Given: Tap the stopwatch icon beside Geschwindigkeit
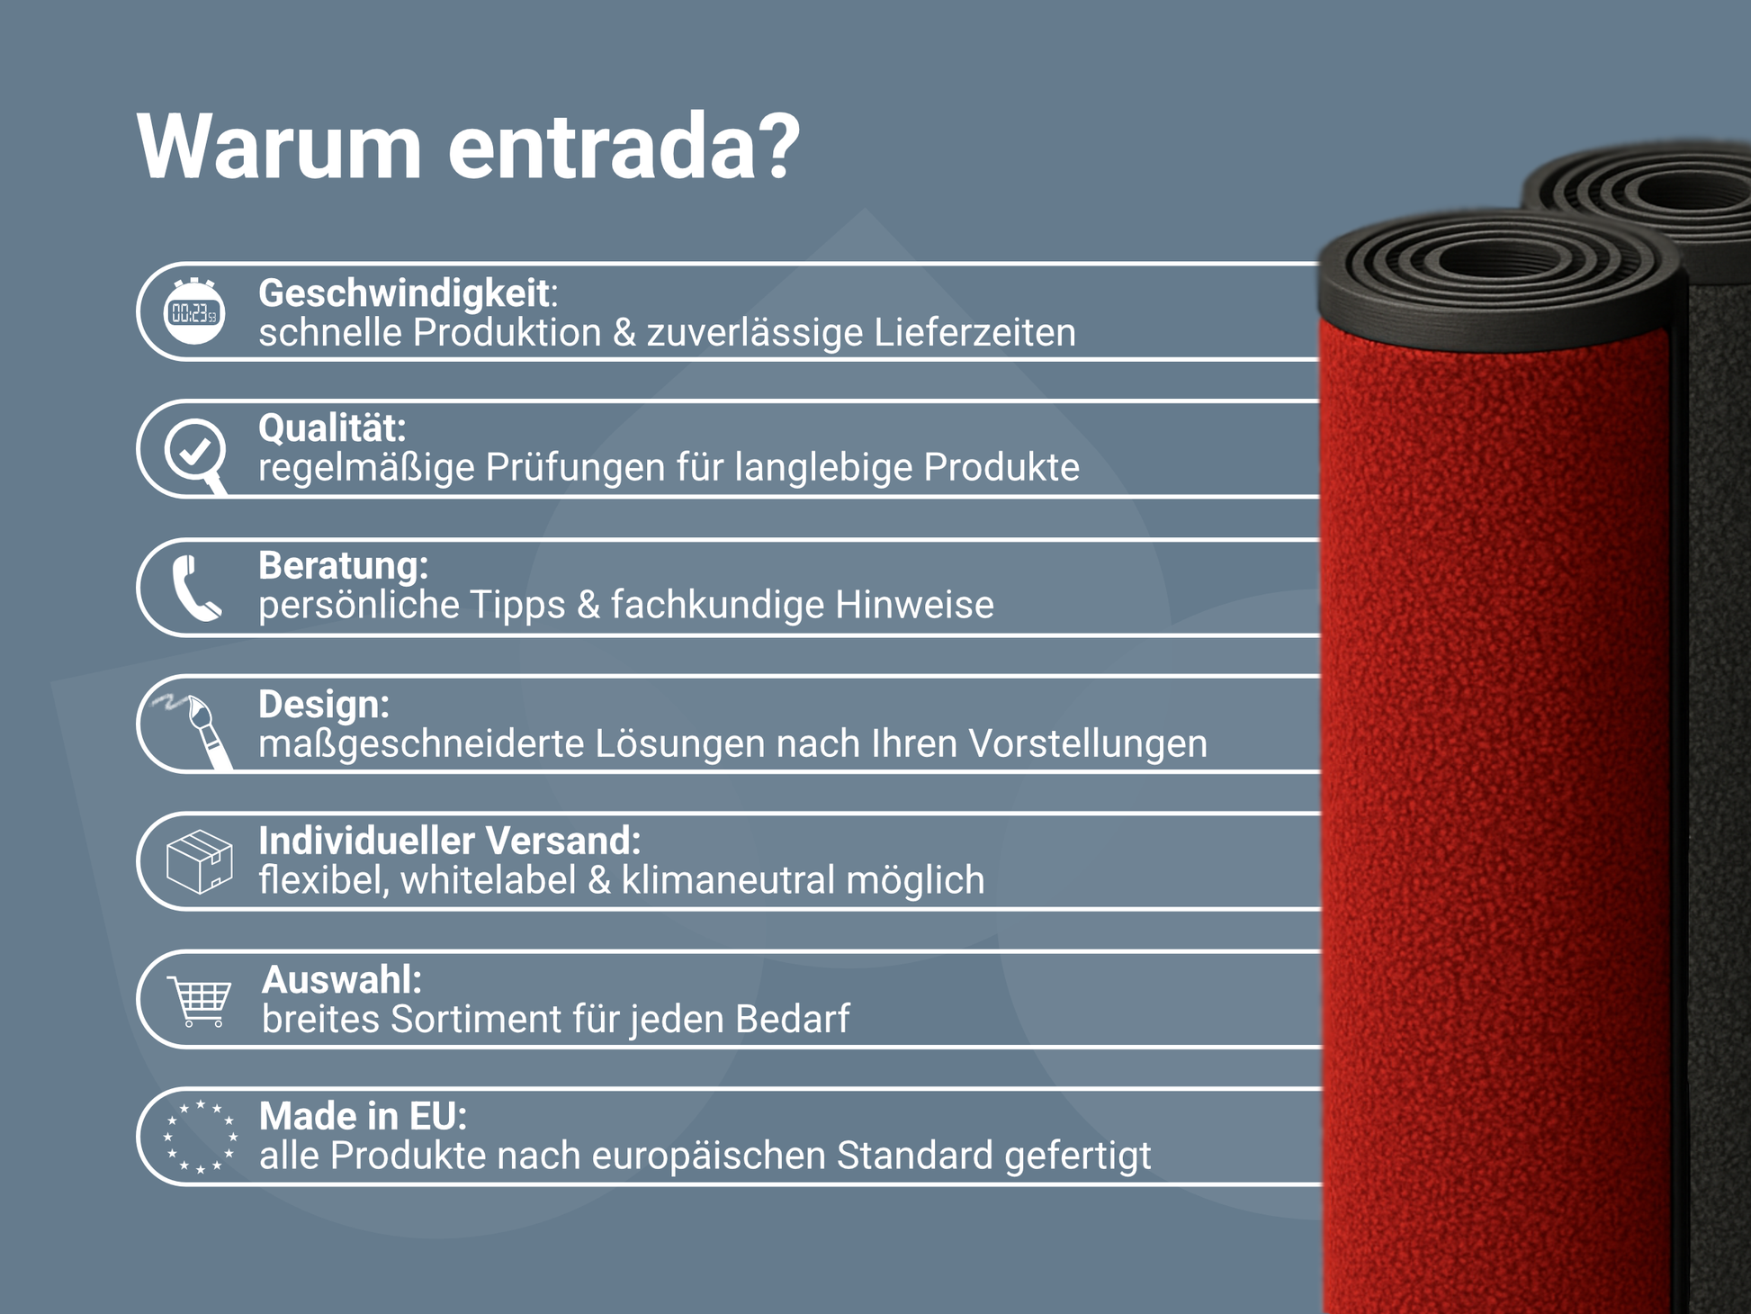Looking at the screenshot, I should point(194,311).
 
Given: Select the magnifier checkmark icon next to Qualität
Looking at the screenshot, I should point(195,451).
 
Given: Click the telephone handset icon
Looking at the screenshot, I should point(195,588).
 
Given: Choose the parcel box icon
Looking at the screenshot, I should point(199,861).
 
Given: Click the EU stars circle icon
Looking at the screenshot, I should point(199,1137).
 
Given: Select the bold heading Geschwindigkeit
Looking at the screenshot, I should point(404,293).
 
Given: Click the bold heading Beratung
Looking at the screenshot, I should point(342,566).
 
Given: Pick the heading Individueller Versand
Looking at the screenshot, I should point(448,841).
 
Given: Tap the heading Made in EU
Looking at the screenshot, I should point(362,1116).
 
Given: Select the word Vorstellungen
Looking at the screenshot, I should point(1088,744).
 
